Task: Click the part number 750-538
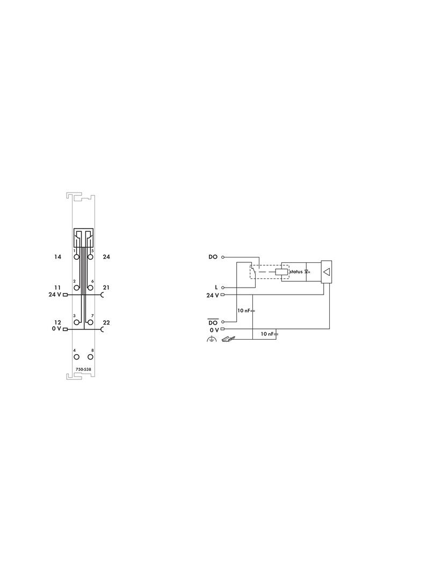pyautogui.click(x=83, y=369)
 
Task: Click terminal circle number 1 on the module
pyautogui.click(x=77, y=257)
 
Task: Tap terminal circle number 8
pyautogui.click(x=90, y=357)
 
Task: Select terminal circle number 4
pyautogui.click(x=77, y=357)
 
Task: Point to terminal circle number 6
pyautogui.click(x=90, y=288)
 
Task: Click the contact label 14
pyautogui.click(x=57, y=257)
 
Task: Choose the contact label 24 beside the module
pyautogui.click(x=106, y=257)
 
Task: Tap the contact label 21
pyautogui.click(x=106, y=288)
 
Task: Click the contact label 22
pyautogui.click(x=106, y=322)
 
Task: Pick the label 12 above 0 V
pyautogui.click(x=57, y=322)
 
